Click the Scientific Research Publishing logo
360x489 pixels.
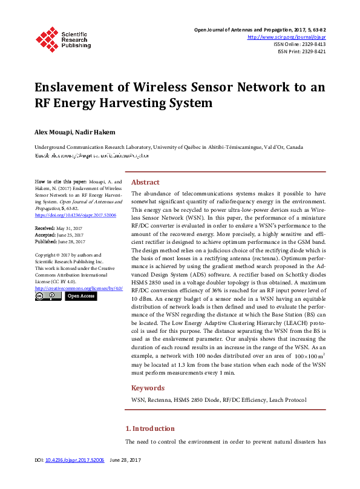pos(62,38)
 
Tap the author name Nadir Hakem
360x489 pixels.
pos(91,131)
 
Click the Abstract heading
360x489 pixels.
pos(145,182)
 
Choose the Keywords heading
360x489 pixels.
pos(148,388)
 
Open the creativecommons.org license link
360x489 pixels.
pos(79,288)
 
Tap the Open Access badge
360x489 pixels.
pos(80,297)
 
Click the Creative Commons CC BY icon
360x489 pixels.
pos(48,297)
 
